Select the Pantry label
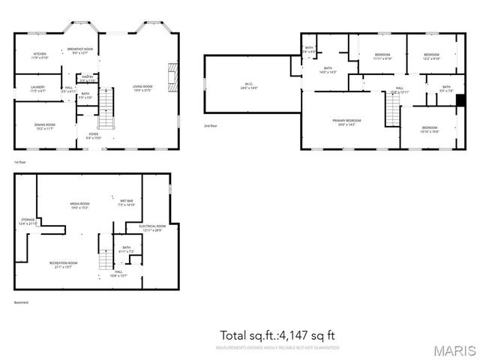pos(87,77)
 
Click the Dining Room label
pos(44,126)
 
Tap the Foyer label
pos(93,136)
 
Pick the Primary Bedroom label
pos(347,122)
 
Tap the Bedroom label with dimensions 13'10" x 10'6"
pos(430,130)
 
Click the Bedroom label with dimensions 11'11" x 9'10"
pos(382,56)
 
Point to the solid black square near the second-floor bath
pos(460,100)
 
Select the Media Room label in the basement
pos(80,205)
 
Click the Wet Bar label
pos(126,202)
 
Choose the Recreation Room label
pos(64,264)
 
